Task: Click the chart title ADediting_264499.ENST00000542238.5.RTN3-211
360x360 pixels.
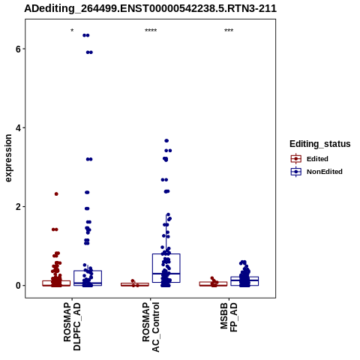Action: click(150, 9)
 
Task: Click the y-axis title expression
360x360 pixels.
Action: click(8, 158)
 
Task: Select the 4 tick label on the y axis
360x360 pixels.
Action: click(18, 128)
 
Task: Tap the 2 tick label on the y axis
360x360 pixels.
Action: click(18, 207)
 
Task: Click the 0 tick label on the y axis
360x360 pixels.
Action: click(18, 286)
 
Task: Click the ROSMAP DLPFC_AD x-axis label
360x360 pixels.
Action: click(72, 326)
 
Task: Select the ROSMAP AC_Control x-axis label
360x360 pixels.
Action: click(151, 327)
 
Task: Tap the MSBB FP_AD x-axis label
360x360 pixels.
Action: click(229, 317)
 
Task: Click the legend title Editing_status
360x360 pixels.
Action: click(320, 144)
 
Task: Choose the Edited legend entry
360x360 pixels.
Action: click(310, 159)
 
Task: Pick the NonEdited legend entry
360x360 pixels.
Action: click(316, 172)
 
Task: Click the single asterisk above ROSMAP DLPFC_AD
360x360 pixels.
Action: click(72, 31)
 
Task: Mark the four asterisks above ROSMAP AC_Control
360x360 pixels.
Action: click(151, 31)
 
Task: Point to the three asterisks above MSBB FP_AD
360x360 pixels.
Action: click(229, 31)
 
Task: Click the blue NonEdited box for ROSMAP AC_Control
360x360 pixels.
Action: click(166, 254)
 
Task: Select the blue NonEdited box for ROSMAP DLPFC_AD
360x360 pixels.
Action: click(88, 271)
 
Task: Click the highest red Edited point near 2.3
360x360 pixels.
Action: click(56, 194)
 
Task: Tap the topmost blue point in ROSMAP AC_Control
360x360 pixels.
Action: click(166, 141)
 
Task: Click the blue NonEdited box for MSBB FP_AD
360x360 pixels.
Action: click(244, 277)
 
